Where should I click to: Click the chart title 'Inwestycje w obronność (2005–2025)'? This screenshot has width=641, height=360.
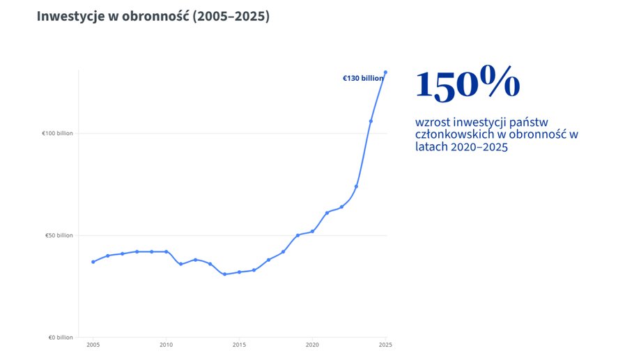coord(153,16)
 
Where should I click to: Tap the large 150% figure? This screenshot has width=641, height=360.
coord(468,84)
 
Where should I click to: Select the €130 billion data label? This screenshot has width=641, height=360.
coord(362,79)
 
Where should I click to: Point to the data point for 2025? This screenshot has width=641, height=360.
coord(385,72)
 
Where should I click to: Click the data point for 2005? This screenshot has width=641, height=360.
coord(93,262)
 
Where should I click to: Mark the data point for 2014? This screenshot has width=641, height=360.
coord(224,274)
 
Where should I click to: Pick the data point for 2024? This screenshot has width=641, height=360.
coord(371,121)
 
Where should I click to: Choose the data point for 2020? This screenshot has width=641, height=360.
coord(312,231)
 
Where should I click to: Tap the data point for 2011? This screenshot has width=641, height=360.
coord(180,264)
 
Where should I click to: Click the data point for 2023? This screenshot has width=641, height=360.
coord(356,187)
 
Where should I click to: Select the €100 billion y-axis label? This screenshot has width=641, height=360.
coord(58,133)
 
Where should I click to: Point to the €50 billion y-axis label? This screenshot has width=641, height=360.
coord(59,235)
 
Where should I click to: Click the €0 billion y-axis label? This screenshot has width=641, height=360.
coord(61,338)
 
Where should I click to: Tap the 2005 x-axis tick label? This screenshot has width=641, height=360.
coord(93,345)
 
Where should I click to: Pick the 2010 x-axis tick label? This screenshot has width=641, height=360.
coord(166,345)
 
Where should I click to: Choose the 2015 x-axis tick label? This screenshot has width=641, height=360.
coord(239,345)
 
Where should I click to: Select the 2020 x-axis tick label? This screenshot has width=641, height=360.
coord(312,345)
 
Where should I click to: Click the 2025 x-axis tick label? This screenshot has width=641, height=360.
coord(385,345)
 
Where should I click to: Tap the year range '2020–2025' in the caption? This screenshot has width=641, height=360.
coord(479,147)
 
